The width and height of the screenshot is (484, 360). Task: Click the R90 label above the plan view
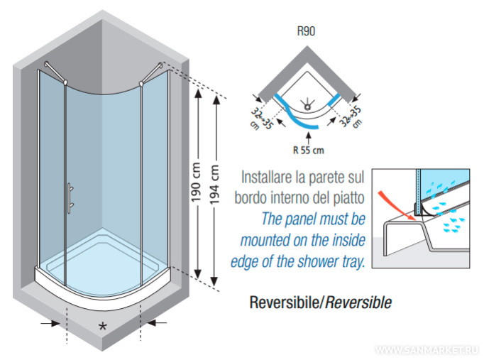(307, 32)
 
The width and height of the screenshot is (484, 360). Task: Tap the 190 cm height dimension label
(202, 178)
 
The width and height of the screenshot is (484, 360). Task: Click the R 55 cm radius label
(308, 150)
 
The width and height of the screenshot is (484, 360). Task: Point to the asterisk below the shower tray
(104, 326)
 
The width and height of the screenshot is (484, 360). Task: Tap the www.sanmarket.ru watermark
(427, 350)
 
